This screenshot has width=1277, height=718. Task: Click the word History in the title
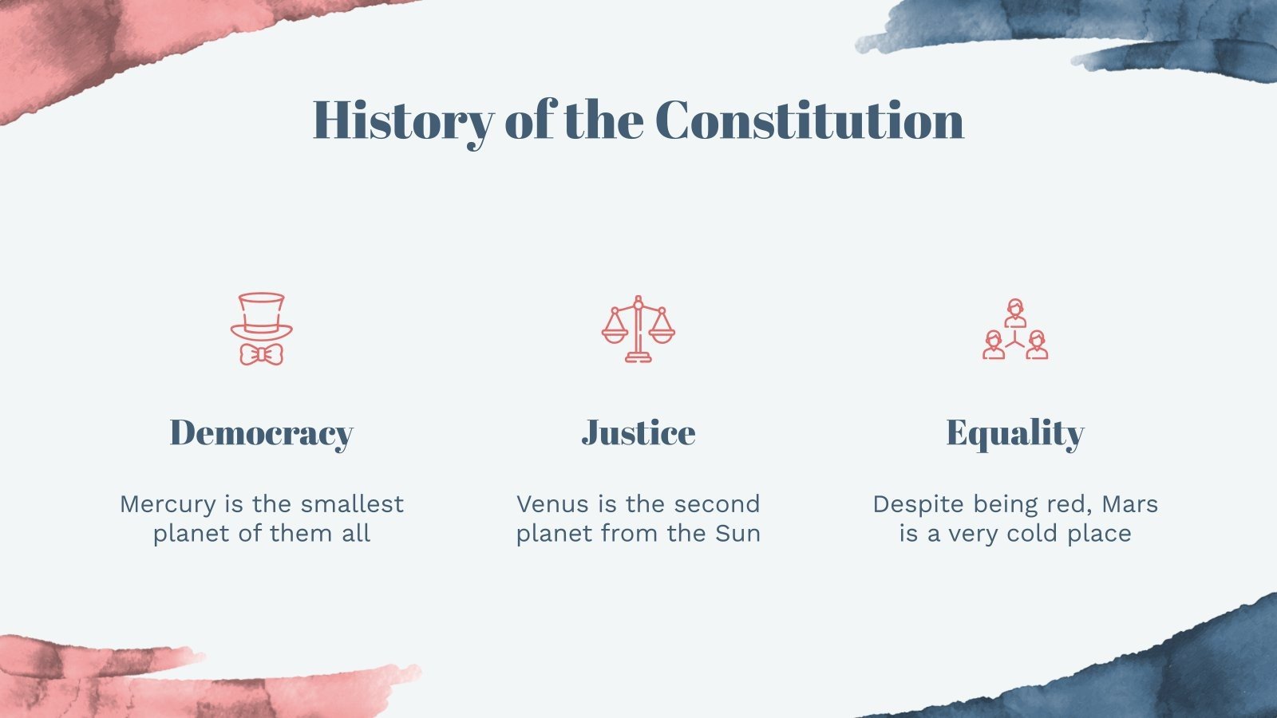pyautogui.click(x=403, y=121)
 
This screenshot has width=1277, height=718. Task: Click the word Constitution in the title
pyautogui.click(x=809, y=121)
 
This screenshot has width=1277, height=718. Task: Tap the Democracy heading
pyautogui.click(x=261, y=433)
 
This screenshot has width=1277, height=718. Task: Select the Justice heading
pyautogui.click(x=638, y=433)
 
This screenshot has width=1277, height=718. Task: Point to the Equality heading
pyautogui.click(x=1015, y=433)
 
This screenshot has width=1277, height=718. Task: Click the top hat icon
pyautogui.click(x=262, y=315)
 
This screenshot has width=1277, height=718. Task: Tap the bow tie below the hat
pyautogui.click(x=262, y=354)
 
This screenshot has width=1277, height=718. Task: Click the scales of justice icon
pyautogui.click(x=638, y=329)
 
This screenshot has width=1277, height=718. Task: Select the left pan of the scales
pyautogui.click(x=615, y=333)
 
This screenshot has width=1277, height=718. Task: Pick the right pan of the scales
pyautogui.click(x=662, y=333)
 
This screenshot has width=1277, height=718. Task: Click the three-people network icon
pyautogui.click(x=1015, y=329)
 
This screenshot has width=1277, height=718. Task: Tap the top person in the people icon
pyautogui.click(x=1015, y=312)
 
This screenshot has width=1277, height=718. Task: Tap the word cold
pyautogui.click(x=1034, y=534)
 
